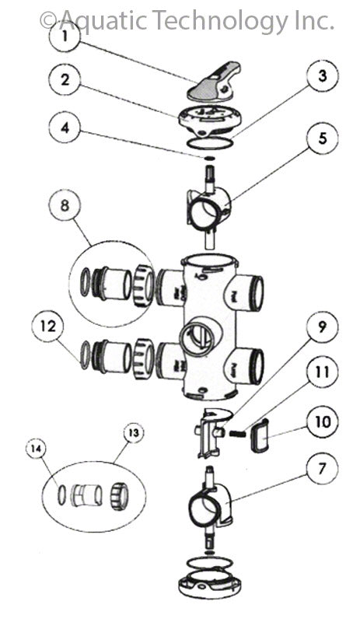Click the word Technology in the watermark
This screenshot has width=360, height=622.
coord(220,21)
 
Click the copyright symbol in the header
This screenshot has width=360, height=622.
coord(48,21)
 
